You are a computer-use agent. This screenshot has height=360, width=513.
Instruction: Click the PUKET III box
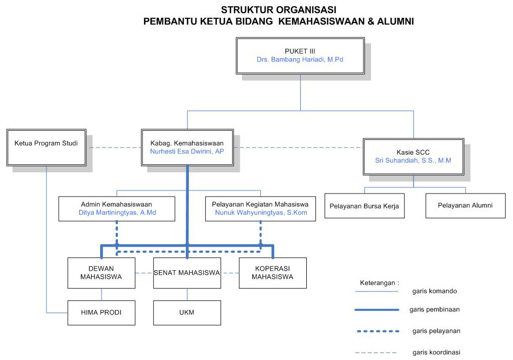[x=300, y=51]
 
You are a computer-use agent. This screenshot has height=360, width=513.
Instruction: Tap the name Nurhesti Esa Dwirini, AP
[x=187, y=152]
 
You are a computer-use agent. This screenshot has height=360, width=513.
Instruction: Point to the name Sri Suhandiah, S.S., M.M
[x=413, y=160]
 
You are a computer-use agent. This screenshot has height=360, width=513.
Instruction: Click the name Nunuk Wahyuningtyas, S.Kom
[x=261, y=212]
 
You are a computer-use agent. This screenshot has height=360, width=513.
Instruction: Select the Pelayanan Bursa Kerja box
[x=364, y=206]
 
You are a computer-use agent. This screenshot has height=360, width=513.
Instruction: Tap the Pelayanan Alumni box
[x=465, y=206]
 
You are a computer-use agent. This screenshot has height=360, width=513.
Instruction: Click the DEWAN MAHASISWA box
[x=101, y=273]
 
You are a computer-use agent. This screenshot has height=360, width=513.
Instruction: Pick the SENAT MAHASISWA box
[x=187, y=273]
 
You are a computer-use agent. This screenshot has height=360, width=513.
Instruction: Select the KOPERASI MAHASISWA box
[x=273, y=273]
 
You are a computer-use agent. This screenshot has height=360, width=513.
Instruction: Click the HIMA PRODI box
[x=101, y=313]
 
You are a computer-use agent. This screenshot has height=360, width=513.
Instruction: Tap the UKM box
[x=187, y=313]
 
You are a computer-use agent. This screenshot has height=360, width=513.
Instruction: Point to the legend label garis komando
[x=434, y=291]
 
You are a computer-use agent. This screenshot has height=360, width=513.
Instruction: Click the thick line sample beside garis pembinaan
[x=377, y=310]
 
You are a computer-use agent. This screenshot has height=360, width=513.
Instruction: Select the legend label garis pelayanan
[x=436, y=331]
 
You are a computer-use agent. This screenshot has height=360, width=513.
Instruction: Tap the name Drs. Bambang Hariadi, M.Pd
[x=300, y=60]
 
